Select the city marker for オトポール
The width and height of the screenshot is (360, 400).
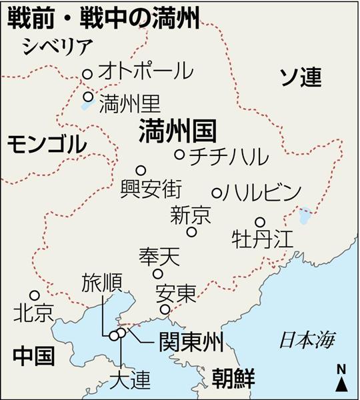point(87,75)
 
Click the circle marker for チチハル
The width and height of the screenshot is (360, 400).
point(179,154)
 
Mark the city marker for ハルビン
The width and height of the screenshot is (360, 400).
point(217,193)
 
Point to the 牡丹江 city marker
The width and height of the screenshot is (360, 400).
point(261,222)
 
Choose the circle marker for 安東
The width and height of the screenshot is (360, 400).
point(165,309)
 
